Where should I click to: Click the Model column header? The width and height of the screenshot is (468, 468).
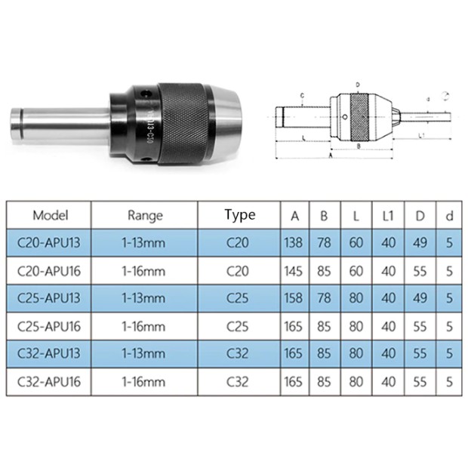[51, 215]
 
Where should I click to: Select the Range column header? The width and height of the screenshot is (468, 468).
[145, 216]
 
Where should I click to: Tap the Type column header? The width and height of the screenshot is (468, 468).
[240, 215]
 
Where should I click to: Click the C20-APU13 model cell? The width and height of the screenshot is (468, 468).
[49, 242]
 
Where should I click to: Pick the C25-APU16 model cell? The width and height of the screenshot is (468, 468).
[49, 326]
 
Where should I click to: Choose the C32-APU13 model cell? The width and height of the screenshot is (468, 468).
[49, 353]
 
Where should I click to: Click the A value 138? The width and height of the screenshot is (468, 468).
[294, 242]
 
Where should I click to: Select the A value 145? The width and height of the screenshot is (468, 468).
[294, 271]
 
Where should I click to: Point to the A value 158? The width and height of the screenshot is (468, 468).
[294, 298]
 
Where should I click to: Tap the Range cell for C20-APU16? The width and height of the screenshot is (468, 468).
[143, 271]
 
